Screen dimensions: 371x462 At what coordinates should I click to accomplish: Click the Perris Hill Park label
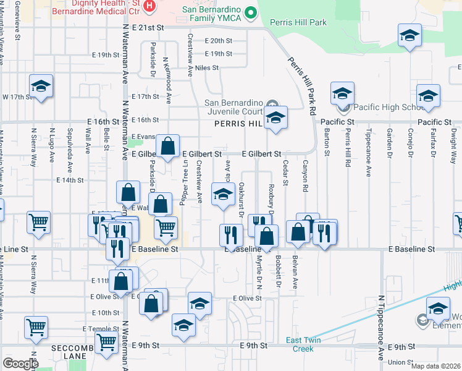(x=298, y=22)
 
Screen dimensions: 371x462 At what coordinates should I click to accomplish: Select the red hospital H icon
(x=149, y=6)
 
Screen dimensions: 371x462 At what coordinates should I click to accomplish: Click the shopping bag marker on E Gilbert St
(x=167, y=147)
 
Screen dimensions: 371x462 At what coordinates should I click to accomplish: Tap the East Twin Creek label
(x=303, y=344)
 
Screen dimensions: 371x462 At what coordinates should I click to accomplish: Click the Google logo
(x=20, y=364)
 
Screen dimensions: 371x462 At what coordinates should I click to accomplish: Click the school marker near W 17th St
(x=41, y=87)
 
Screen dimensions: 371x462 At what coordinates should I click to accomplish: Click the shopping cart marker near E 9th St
(x=107, y=341)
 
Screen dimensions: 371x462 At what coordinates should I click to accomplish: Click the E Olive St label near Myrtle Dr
(x=244, y=298)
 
